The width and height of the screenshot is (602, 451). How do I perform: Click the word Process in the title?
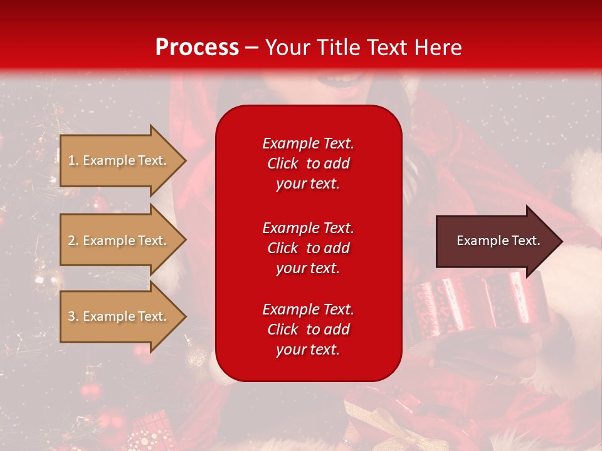197,48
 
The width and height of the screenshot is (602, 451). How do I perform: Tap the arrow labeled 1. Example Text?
118,160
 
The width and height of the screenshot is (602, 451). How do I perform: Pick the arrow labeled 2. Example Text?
118,241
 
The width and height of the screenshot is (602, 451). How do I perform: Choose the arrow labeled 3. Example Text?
118,316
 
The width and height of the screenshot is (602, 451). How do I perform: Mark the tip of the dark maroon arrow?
561,241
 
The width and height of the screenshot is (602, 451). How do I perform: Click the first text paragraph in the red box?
308,163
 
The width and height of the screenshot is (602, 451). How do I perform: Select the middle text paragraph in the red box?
308,248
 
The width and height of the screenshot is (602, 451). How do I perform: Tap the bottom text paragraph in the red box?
308,329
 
